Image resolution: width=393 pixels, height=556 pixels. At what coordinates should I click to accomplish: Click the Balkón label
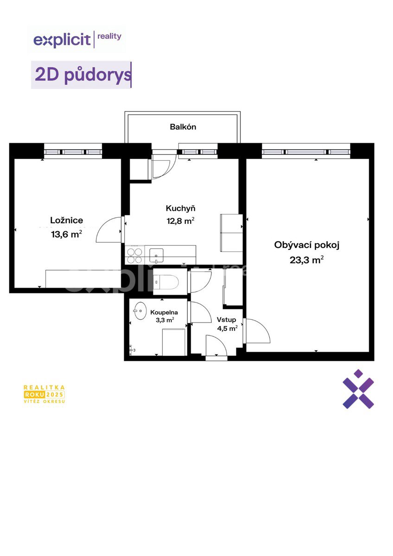(183, 127)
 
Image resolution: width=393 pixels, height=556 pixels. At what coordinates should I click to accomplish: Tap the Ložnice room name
(67, 221)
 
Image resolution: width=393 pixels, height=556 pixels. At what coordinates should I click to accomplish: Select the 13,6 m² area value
(67, 234)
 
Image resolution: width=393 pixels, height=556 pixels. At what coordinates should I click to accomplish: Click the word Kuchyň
(180, 208)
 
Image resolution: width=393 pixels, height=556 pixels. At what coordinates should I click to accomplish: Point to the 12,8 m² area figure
(180, 221)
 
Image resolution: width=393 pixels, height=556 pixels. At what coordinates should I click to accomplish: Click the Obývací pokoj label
(307, 245)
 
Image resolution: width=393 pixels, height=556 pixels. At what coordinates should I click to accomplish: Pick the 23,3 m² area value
(307, 260)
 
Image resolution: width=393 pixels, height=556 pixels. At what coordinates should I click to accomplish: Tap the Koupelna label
(164, 312)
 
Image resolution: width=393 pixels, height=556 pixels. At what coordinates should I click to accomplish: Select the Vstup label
(226, 320)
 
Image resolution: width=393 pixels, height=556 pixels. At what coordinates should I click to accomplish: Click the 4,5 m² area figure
(227, 329)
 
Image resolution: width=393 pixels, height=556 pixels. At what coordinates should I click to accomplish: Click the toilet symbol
(166, 282)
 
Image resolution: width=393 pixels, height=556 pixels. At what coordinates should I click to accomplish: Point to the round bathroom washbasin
(139, 310)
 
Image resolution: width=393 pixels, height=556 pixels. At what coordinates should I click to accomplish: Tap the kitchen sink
(156, 255)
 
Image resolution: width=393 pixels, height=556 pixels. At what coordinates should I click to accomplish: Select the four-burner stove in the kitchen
(134, 256)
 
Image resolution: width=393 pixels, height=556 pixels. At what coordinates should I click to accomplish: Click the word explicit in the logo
(62, 40)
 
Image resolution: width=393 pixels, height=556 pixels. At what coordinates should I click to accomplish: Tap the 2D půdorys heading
(82, 75)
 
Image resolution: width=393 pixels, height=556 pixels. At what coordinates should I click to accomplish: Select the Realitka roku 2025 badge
(44, 394)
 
